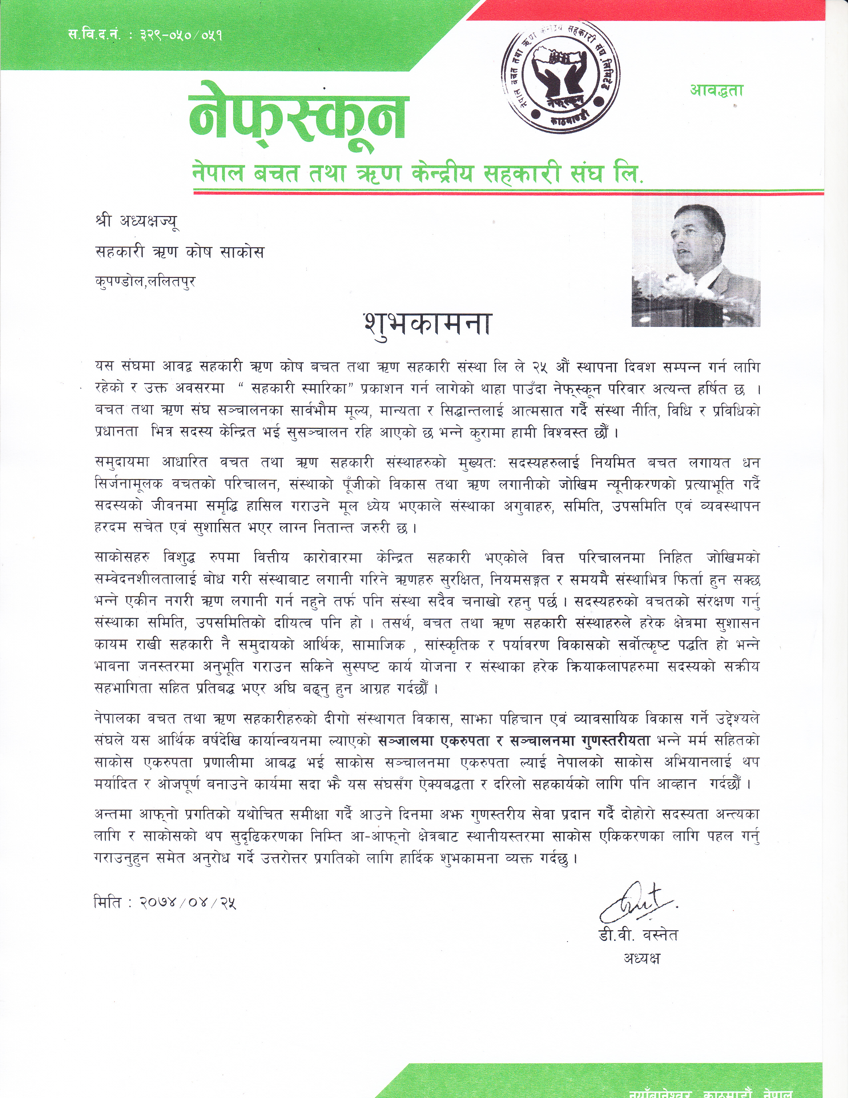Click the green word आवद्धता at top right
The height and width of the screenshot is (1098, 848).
point(716,91)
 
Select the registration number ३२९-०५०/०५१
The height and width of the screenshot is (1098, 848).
point(181,36)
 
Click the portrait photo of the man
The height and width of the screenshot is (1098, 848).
point(696,262)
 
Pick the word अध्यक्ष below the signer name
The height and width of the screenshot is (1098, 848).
point(641,958)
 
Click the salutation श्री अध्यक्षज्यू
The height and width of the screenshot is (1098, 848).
point(137,222)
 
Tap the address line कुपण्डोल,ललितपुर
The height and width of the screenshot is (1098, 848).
point(145,282)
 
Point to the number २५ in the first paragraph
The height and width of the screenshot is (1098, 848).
point(539,367)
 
